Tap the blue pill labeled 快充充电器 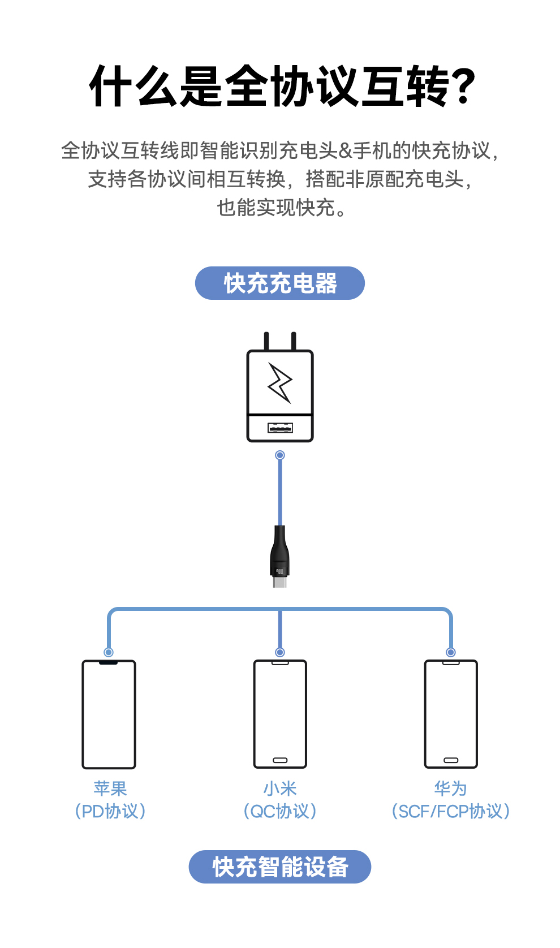pos(280,283)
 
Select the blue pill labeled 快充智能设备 pos(280,867)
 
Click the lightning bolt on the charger pos(280,382)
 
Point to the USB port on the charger pos(280,428)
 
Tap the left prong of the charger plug pos(266,341)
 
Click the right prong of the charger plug pos(294,341)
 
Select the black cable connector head pos(280,556)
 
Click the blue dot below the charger pos(280,455)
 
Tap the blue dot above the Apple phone pos(109,652)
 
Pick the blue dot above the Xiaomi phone pos(280,652)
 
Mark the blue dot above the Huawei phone pos(451,652)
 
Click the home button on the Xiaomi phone pos(280,760)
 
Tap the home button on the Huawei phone pos(451,760)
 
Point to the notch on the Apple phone pos(109,662)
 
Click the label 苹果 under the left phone pos(110,788)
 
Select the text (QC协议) pos(280,811)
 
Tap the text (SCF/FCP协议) pos(451,811)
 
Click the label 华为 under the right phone pos(450,788)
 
